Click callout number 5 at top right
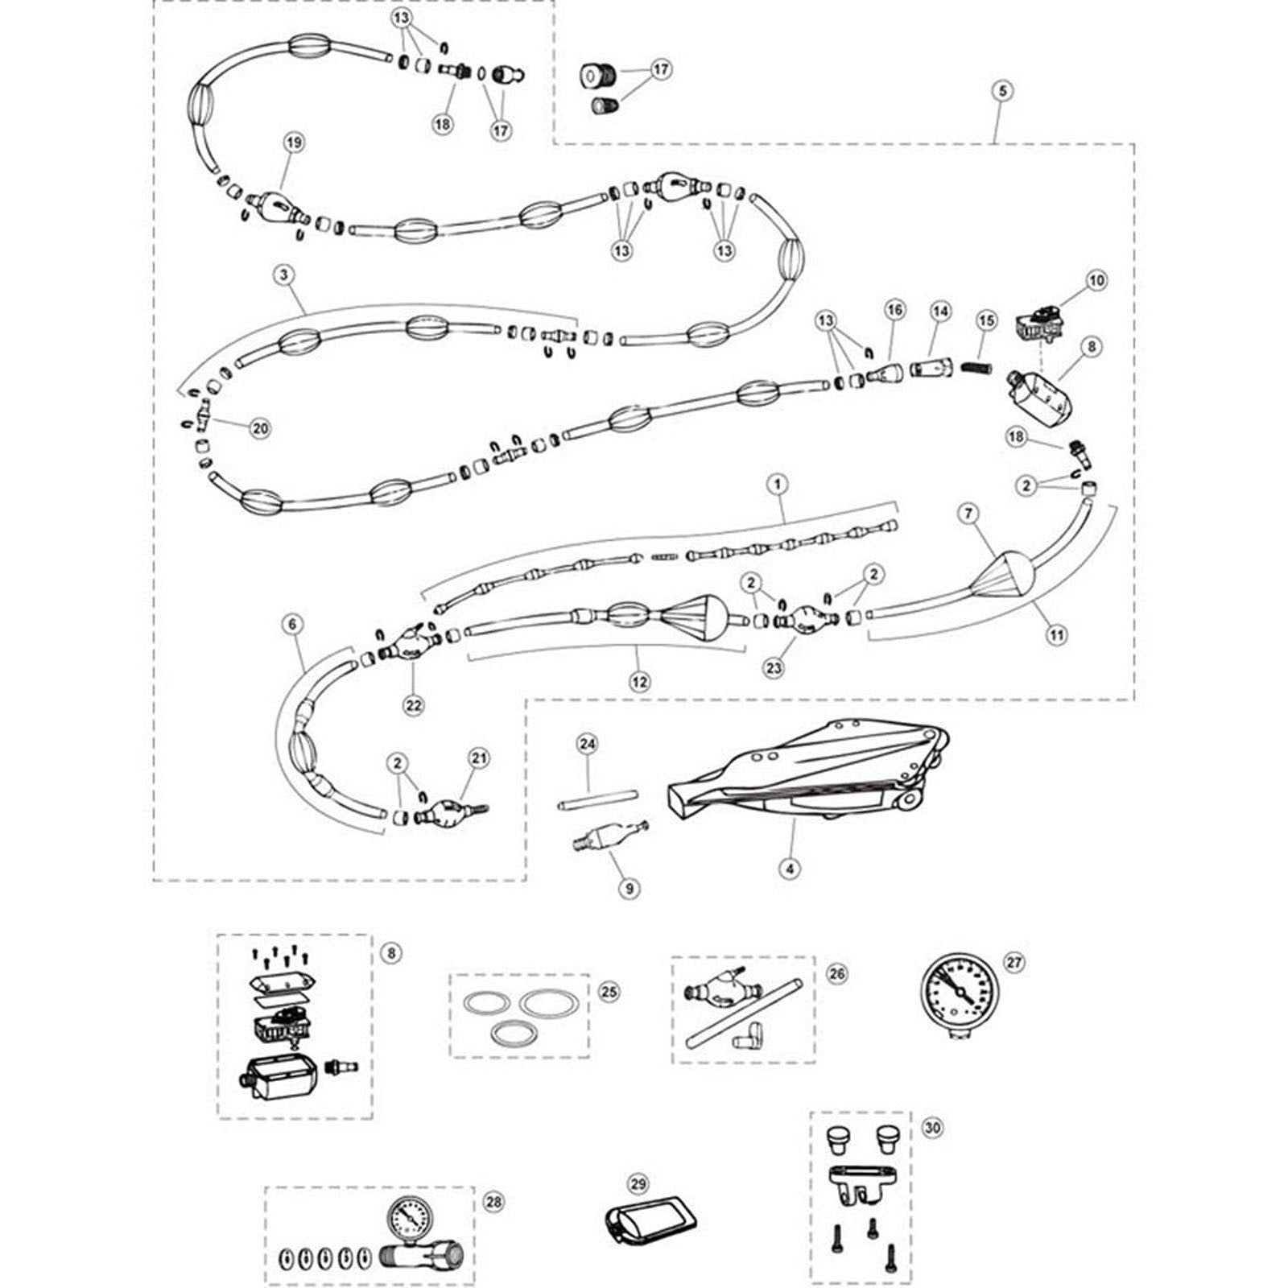[1002, 91]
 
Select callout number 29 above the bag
[638, 1184]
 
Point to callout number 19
[295, 142]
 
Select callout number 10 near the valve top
[1096, 280]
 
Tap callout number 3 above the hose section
[283, 275]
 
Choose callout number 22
[413, 704]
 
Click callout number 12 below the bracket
[639, 681]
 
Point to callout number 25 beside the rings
[609, 991]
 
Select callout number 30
[932, 1128]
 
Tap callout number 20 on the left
[260, 428]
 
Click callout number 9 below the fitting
[629, 888]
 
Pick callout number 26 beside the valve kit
[837, 973]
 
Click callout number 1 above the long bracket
[778, 485]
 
